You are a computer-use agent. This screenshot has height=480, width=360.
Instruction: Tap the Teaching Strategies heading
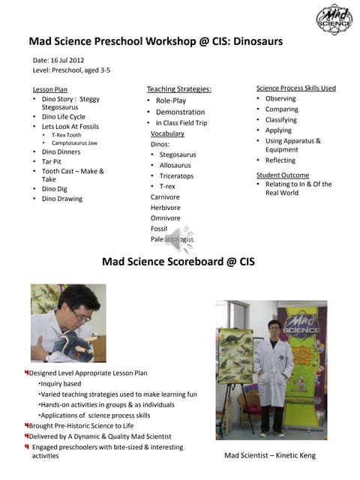pyautogui.click(x=178, y=89)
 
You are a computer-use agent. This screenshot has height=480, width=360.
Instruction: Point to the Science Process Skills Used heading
pyautogui.click(x=296, y=88)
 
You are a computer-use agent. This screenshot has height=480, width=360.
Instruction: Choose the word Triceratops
pyautogui.click(x=176, y=175)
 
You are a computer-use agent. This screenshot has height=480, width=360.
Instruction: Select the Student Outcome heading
pyautogui.click(x=283, y=175)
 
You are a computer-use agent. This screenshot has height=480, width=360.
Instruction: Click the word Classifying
pyautogui.click(x=281, y=120)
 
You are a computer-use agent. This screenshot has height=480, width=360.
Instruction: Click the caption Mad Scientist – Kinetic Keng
pyautogui.click(x=270, y=455)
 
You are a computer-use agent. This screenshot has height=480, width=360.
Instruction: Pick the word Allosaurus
pyautogui.click(x=175, y=165)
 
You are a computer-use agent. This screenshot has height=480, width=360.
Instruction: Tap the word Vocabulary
pyautogui.click(x=167, y=133)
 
